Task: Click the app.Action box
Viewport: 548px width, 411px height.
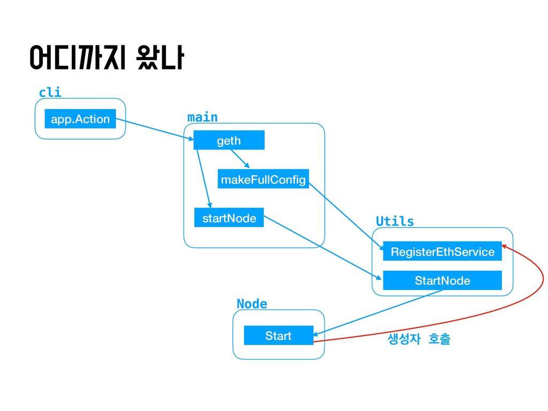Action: (x=80, y=119)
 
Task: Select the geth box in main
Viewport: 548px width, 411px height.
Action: (x=229, y=140)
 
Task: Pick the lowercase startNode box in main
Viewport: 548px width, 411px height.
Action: (x=229, y=218)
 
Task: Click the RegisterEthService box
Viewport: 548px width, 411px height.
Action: (x=443, y=252)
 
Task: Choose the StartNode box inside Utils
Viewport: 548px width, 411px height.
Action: (x=443, y=280)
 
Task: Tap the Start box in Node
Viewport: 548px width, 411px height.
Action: (x=278, y=336)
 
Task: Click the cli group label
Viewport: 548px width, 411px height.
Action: (x=50, y=93)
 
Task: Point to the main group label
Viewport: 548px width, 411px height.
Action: (x=202, y=117)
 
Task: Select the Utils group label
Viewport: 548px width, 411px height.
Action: (x=395, y=222)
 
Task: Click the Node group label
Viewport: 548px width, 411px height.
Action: (x=252, y=304)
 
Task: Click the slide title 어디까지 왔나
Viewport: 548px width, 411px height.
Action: (x=107, y=59)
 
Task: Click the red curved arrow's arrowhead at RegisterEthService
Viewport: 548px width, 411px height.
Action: (x=506, y=247)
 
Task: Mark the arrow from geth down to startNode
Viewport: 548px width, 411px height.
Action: (x=204, y=178)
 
